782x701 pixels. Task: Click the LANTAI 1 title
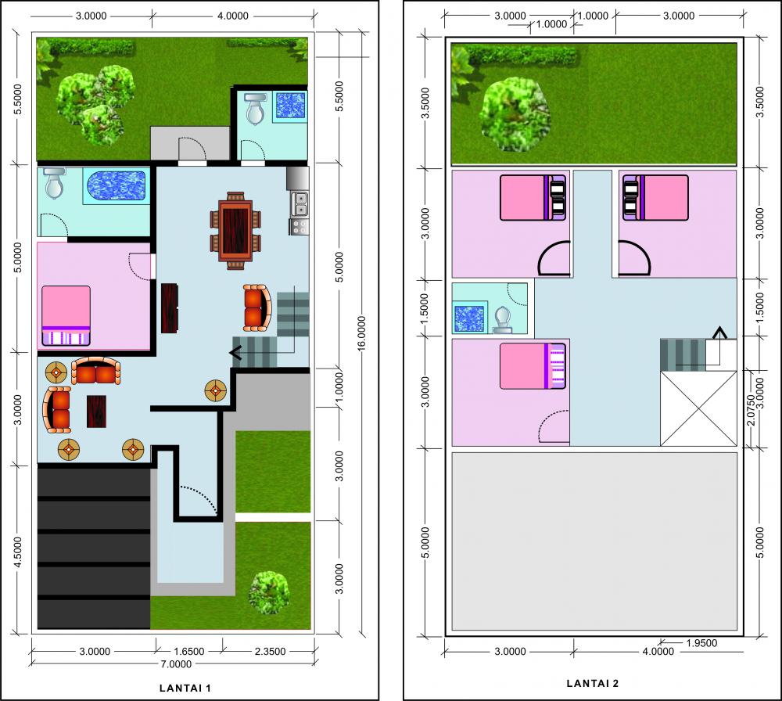coord(185,688)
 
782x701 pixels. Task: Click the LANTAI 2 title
coord(592,683)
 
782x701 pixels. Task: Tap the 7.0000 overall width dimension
coord(175,665)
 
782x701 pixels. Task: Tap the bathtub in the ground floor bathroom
coord(115,188)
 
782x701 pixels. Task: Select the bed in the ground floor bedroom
coord(66,316)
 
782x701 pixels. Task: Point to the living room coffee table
coord(96,412)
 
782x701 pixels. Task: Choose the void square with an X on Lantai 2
coord(698,408)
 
